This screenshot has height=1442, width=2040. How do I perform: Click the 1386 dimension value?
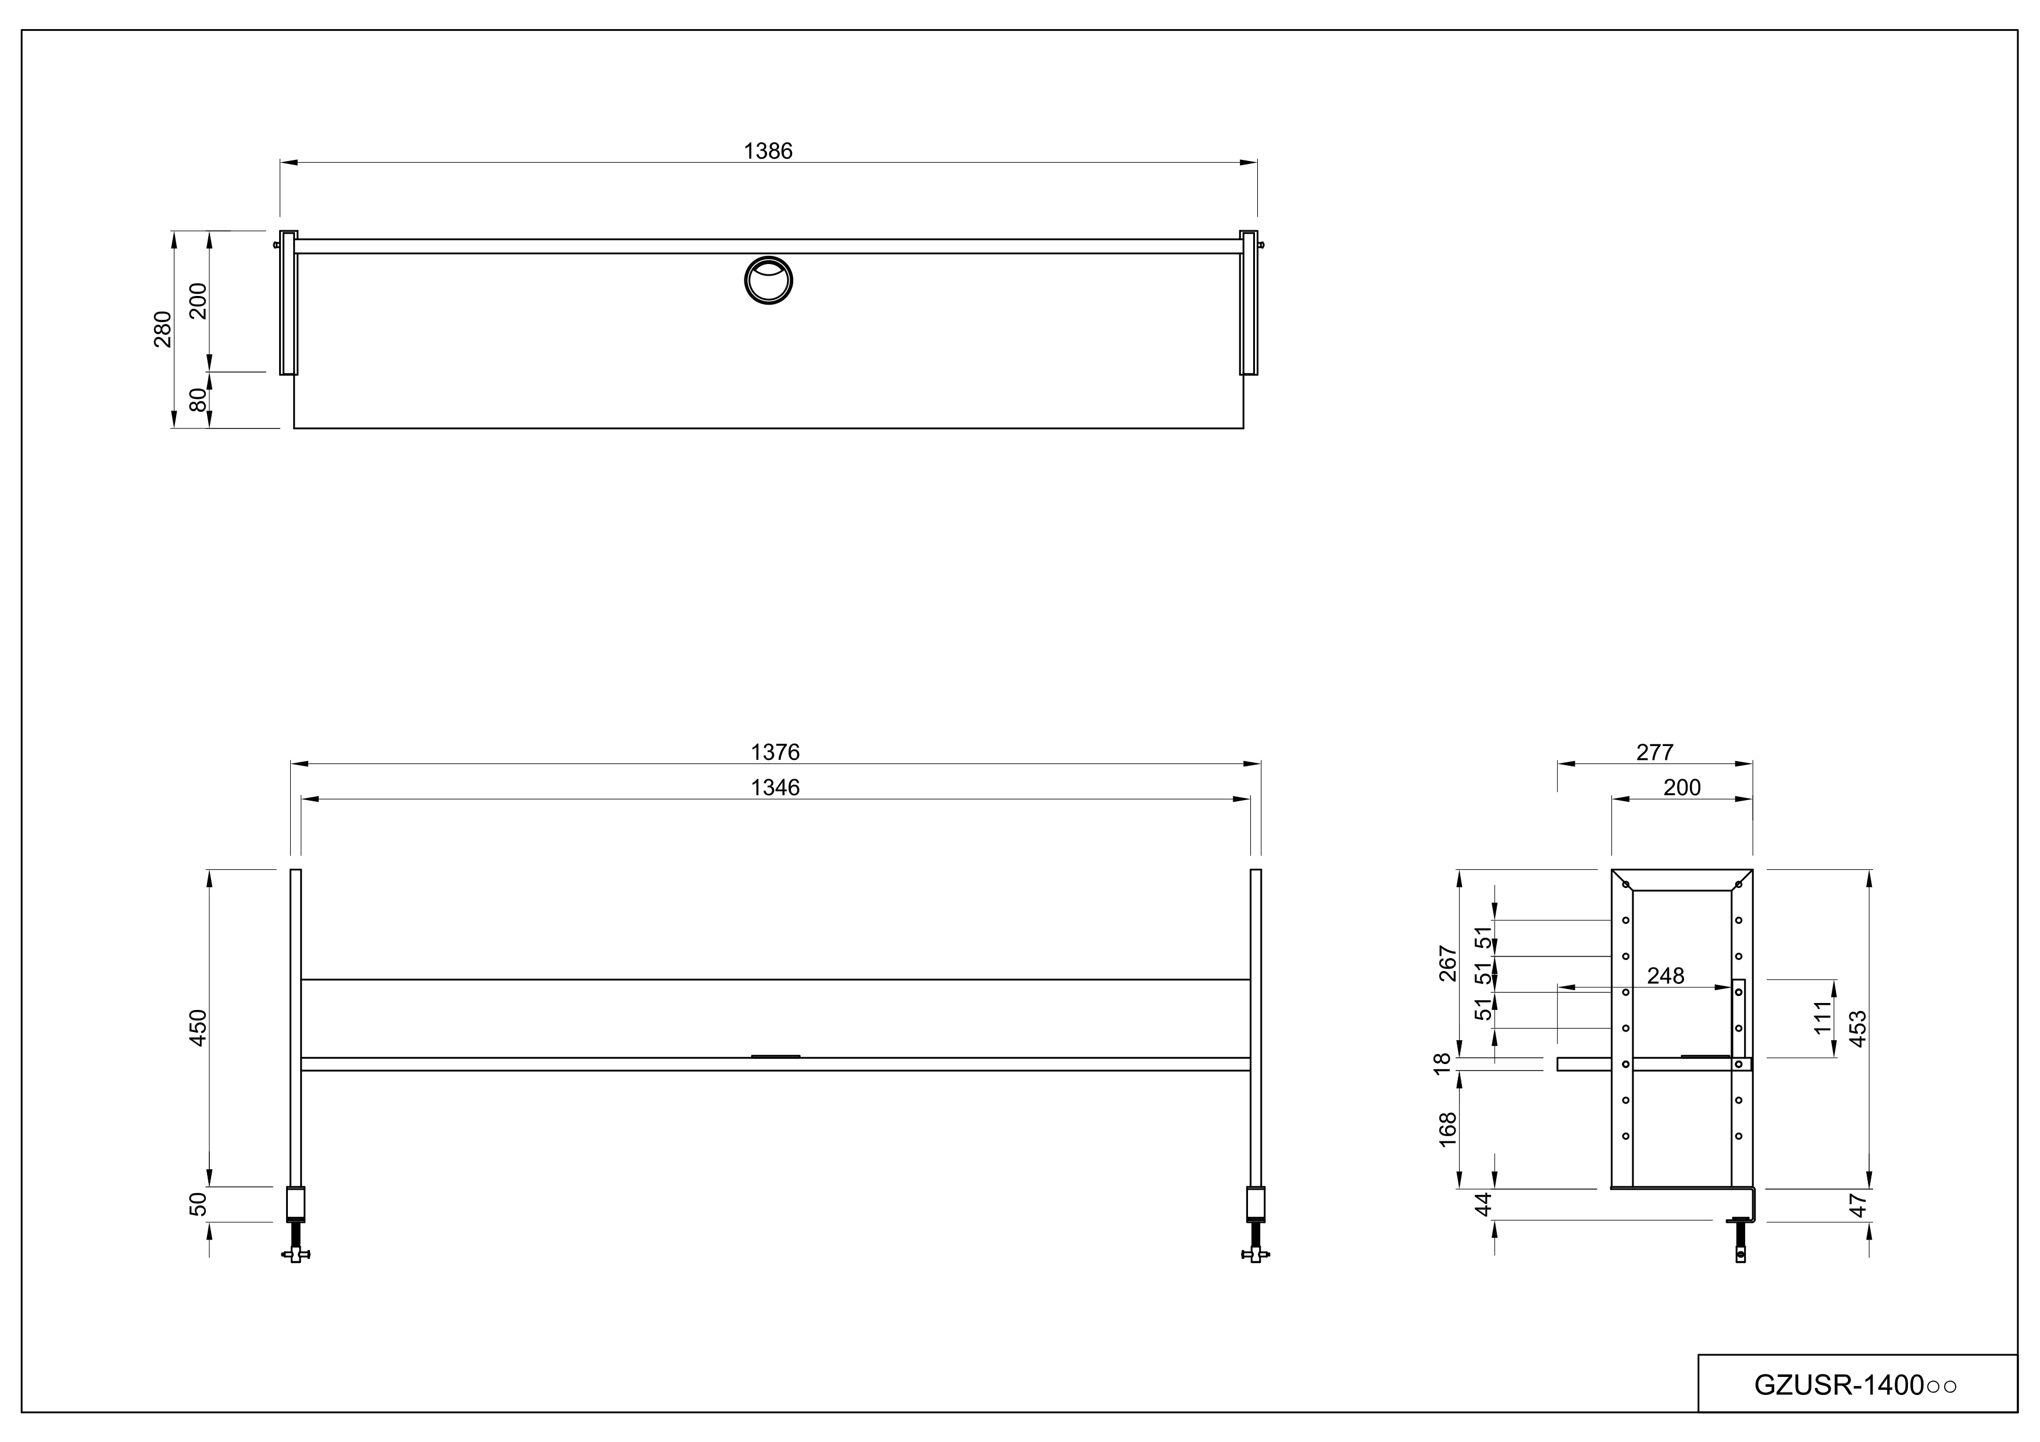tap(768, 152)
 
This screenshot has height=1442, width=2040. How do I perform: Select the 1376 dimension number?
tap(775, 752)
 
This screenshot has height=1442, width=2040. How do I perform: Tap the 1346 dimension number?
tap(775, 788)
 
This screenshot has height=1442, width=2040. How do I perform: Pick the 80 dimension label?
tap(199, 400)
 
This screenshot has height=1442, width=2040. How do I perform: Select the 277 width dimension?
tap(1654, 752)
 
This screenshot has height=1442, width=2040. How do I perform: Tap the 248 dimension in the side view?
tap(1665, 976)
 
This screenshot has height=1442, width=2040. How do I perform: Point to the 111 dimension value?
tap(1823, 1018)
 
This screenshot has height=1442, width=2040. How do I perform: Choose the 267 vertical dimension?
tap(1448, 964)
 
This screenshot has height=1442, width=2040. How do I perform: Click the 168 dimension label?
tap(1448, 1129)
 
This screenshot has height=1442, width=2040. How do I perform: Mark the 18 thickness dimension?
tap(1443, 1063)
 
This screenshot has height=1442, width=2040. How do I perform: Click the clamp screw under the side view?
tap(1741, 1242)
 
